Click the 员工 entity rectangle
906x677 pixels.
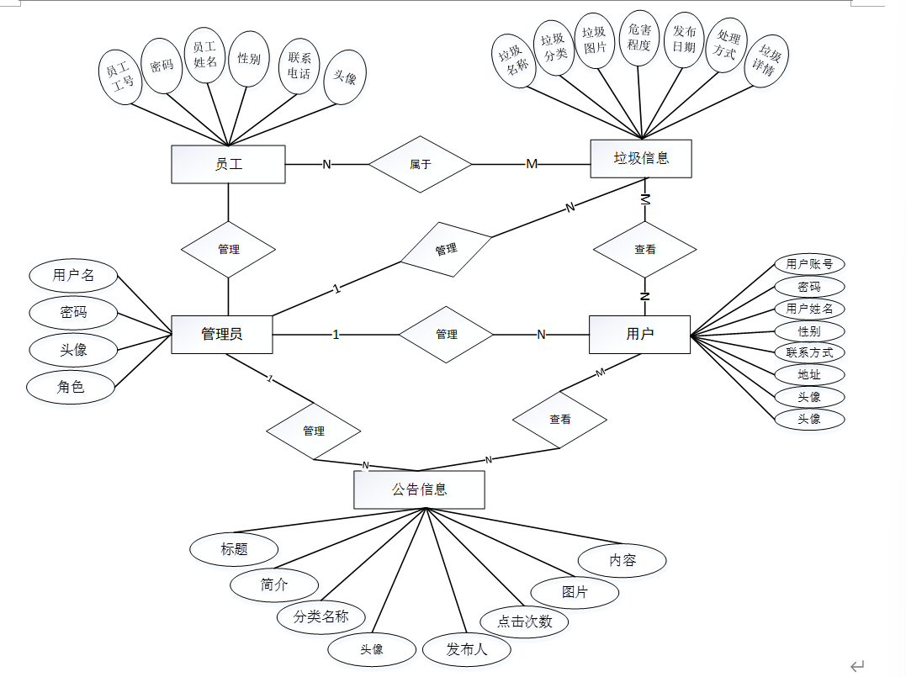[228, 164]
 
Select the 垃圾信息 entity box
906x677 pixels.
[641, 158]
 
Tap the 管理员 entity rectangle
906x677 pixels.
[222, 334]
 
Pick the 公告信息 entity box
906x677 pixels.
[419, 489]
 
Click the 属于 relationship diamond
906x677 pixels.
[421, 164]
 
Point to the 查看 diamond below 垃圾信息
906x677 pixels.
[645, 249]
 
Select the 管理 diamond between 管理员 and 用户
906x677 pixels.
[447, 334]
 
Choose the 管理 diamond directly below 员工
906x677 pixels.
[229, 249]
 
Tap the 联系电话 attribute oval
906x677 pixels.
[299, 66]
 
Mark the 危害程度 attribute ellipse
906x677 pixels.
[639, 37]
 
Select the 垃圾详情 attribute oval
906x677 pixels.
[767, 61]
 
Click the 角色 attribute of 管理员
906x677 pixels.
[72, 387]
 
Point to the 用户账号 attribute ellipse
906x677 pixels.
[809, 264]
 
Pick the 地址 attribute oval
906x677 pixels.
[809, 374]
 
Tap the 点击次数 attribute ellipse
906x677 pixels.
[524, 621]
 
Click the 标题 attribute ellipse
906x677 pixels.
[234, 549]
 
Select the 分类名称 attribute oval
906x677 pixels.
[321, 616]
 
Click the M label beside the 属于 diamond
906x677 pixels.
[532, 164]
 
